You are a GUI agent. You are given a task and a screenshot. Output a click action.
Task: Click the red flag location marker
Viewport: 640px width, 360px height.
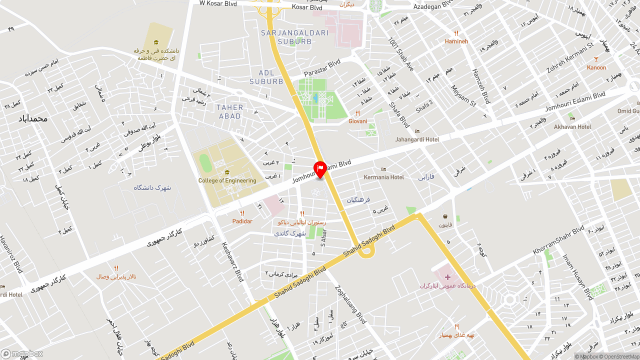(320, 169)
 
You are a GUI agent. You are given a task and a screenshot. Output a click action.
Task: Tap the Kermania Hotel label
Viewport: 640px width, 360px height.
(384, 177)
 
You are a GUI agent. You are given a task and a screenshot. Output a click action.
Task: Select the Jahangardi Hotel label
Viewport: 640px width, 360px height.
(417, 139)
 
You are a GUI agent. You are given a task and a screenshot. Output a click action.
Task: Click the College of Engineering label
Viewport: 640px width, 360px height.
(227, 180)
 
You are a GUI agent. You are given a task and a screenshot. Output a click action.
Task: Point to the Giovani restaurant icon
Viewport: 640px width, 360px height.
(357, 113)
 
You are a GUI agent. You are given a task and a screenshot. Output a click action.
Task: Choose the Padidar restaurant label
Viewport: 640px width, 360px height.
(242, 221)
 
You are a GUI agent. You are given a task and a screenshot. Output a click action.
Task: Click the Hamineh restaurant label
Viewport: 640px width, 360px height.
(456, 41)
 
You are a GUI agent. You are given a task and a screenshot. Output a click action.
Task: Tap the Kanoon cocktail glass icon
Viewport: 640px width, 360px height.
(596, 59)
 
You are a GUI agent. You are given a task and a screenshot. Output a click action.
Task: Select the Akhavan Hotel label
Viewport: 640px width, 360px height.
(572, 127)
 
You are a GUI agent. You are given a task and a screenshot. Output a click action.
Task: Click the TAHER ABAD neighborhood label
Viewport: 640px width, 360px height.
(229, 111)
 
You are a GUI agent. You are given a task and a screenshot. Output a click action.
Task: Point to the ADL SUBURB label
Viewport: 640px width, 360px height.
(266, 77)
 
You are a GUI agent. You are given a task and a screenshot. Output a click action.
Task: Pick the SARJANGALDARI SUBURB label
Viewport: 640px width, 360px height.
(294, 37)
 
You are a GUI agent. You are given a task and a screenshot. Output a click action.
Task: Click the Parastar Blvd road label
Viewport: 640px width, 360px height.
(322, 67)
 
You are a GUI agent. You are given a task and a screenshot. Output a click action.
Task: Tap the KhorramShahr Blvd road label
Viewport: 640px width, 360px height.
(558, 240)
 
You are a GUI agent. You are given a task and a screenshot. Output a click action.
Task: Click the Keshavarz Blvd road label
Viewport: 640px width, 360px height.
(232, 261)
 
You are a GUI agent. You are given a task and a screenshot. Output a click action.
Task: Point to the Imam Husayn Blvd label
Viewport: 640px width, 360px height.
(577, 277)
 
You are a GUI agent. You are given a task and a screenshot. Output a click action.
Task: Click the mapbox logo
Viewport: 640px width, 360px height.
(22, 354)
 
